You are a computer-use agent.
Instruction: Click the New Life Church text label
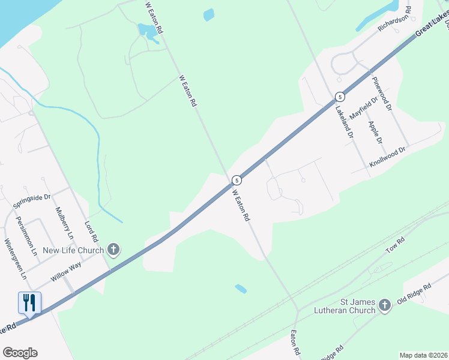[70, 250]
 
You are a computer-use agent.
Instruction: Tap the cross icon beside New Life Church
[113, 250]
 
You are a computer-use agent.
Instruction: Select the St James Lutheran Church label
[345, 305]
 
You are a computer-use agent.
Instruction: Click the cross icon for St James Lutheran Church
[385, 306]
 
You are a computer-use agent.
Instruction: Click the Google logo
[20, 353]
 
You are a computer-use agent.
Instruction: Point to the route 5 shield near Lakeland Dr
[340, 97]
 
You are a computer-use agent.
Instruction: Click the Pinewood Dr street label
[381, 93]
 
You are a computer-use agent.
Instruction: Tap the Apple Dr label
[376, 133]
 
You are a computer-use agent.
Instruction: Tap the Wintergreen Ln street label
[16, 260]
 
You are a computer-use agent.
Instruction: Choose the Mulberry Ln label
[64, 223]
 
